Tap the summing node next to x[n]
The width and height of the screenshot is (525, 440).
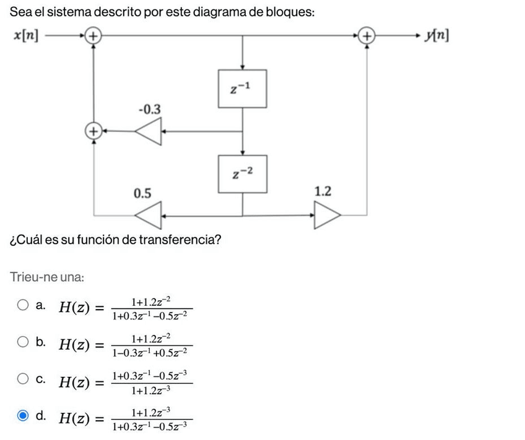tap(93, 36)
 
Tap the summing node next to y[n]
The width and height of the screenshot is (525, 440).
tap(368, 36)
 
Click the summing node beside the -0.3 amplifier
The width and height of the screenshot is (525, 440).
tap(93, 131)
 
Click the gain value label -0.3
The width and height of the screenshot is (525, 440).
tap(149, 109)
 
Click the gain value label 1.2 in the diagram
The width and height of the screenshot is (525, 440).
tap(323, 191)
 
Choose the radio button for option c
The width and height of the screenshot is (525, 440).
tap(23, 379)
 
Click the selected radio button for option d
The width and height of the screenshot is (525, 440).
tap(23, 417)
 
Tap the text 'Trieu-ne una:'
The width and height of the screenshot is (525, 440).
tap(46, 277)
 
